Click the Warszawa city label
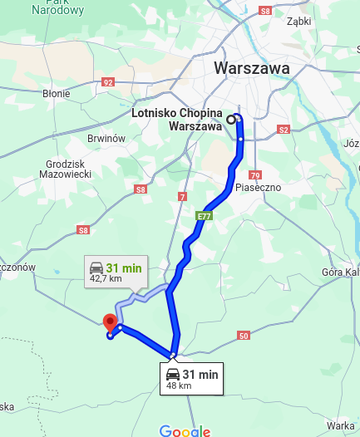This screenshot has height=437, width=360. pos(251,68)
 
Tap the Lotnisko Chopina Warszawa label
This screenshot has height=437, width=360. pos(178,120)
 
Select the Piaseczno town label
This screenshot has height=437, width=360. pos(258,187)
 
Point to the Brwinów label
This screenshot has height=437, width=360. pos(106,139)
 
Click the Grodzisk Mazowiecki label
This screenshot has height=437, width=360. pos(64,169)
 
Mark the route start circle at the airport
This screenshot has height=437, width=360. pos(231,119)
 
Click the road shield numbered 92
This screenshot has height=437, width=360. pos(107,82)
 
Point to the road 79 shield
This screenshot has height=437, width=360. pos(254,174)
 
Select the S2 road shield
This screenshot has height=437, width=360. pos(284,130)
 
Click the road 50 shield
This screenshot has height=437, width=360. pos(243,336)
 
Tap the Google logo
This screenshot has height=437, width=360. pos(185,430)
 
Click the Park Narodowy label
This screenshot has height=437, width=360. pos(58,8)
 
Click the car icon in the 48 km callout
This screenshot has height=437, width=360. pos(171,375)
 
